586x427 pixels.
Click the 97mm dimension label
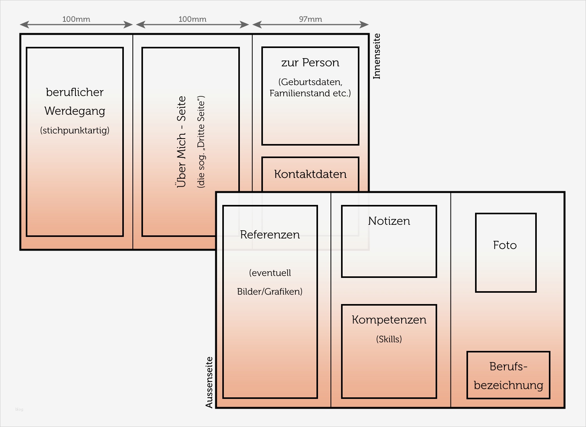coord(311,19)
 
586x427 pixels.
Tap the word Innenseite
coord(377,56)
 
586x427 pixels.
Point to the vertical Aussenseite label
coord(209,382)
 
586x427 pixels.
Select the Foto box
coord(506,253)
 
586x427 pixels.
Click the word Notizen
coord(389,221)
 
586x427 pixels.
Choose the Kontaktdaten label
coord(310,174)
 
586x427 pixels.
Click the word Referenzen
coord(270,235)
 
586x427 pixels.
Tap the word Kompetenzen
coord(389,320)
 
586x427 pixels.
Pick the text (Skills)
coord(389,339)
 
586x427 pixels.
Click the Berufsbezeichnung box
coord(508,375)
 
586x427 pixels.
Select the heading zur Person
coord(310,62)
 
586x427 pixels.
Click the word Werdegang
coord(75,111)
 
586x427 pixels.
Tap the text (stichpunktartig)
coord(75,130)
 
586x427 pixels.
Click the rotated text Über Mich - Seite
coord(181,142)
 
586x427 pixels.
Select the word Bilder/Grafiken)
coord(270,292)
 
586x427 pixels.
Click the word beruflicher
coord(75,92)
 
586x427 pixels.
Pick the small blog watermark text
coord(19,409)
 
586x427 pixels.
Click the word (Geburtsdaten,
coord(310,82)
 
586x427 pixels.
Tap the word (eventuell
coord(270,273)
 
